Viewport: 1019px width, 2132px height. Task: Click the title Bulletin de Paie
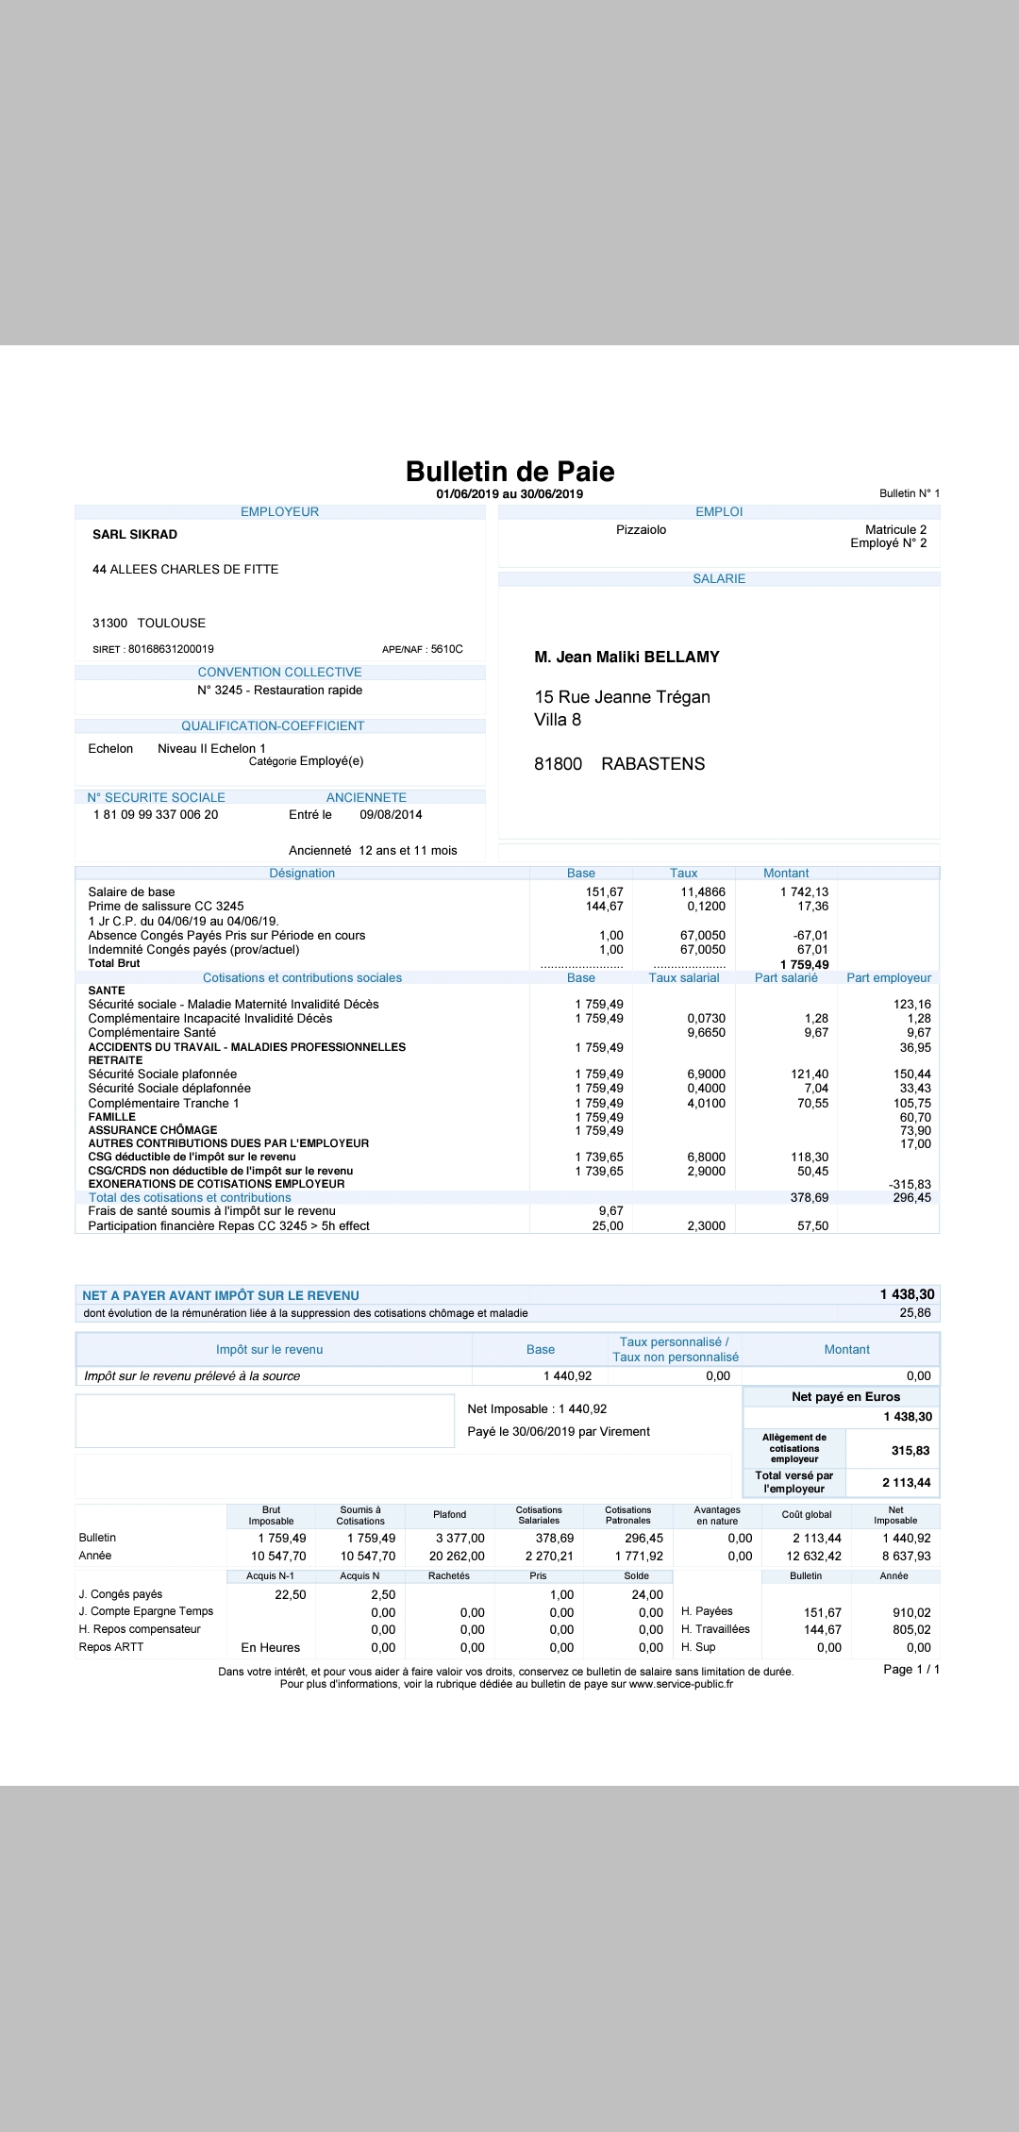(509, 472)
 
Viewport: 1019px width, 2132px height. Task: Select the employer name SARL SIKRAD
(135, 535)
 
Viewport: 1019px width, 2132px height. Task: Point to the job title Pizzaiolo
(641, 530)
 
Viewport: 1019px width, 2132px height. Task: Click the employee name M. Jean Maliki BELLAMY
(626, 658)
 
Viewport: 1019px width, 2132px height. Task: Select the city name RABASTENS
(653, 764)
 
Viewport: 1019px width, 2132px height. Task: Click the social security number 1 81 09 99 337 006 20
(156, 815)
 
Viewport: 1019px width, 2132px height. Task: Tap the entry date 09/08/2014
(391, 815)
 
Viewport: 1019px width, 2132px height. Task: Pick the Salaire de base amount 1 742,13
(804, 892)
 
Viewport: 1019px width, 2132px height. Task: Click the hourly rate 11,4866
(703, 892)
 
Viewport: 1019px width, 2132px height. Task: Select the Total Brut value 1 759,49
(804, 965)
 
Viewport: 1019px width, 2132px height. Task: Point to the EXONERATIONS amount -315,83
(910, 1185)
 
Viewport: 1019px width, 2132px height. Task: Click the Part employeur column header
(888, 978)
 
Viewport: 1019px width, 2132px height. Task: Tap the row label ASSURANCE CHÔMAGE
(153, 1130)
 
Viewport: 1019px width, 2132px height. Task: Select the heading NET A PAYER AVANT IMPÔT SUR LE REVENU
(221, 1296)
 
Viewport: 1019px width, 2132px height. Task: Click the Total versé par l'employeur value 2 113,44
(906, 1483)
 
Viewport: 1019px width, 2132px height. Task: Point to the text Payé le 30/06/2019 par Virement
(559, 1432)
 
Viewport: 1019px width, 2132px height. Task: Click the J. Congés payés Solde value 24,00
(647, 1595)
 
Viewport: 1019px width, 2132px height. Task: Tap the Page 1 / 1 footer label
(910, 1670)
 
